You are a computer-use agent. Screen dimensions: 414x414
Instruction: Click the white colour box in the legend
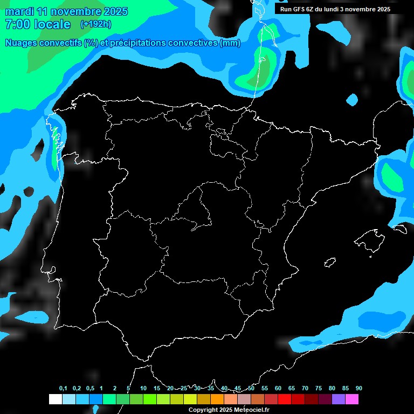[x=55, y=399]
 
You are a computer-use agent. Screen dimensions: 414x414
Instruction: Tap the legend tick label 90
[x=359, y=388]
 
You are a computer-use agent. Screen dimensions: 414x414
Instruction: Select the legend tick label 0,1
[x=63, y=388]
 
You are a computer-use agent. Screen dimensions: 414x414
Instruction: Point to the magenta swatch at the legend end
[x=352, y=399]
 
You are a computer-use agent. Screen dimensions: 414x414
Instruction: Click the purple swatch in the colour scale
[x=339, y=399]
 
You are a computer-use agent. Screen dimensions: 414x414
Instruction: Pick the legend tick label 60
[x=278, y=388]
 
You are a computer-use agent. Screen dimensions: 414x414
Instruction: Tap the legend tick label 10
[x=143, y=388]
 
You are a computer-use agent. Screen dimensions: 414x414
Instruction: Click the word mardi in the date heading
[x=19, y=11]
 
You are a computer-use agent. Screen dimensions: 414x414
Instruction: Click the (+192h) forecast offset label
[x=95, y=24]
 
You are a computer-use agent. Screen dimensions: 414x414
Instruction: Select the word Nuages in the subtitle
[x=21, y=43]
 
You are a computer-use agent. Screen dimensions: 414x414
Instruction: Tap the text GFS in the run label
[x=299, y=9]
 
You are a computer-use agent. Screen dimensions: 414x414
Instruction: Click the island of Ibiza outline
[x=330, y=263]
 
